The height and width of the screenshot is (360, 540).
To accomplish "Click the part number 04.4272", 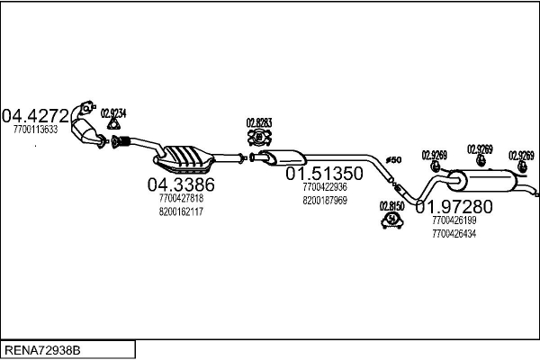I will [x=35, y=115].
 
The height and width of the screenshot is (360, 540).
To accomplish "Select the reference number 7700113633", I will [x=36, y=130].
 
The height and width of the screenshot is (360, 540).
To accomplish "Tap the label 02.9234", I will [x=113, y=112].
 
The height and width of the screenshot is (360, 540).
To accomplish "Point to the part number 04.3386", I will [x=181, y=184].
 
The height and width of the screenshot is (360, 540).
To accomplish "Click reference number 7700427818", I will [x=181, y=198].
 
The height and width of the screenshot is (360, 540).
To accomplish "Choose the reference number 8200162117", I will [x=181, y=211].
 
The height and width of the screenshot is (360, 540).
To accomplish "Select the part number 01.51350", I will [x=324, y=173].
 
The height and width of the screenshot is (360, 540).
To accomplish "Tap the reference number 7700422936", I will [x=325, y=187].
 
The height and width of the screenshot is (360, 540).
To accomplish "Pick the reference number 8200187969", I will [x=325, y=201].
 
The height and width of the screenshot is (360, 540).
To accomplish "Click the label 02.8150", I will [x=391, y=204].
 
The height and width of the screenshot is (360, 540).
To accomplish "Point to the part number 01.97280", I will [x=454, y=206].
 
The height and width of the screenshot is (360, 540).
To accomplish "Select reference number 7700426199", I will [x=454, y=220].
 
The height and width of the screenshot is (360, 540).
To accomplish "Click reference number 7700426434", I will [x=454, y=234].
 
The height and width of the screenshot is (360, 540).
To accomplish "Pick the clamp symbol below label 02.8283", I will [x=259, y=138].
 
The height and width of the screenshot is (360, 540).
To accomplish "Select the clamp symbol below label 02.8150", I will [x=391, y=220].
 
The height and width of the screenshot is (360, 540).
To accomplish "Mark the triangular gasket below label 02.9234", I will [x=112, y=128].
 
